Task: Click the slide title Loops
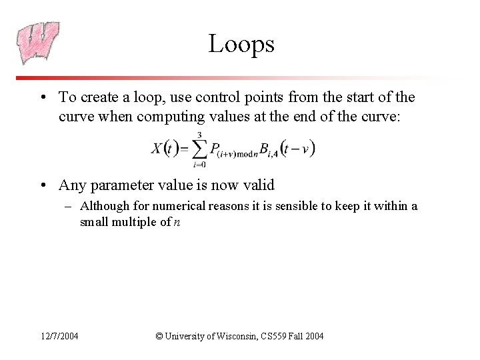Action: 241,44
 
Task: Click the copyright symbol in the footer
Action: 159,336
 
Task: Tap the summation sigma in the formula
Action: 199,149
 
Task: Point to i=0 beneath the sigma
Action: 199,164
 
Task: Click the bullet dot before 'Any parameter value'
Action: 42,185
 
